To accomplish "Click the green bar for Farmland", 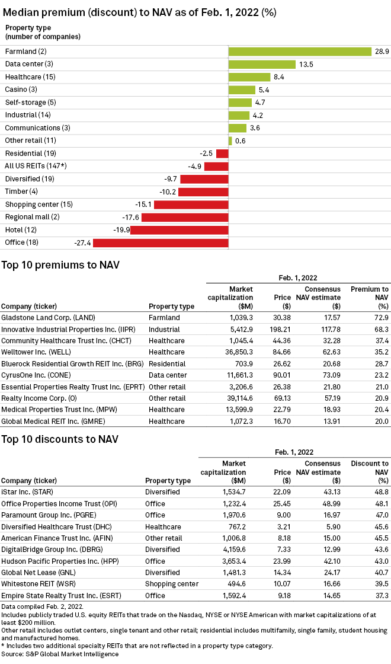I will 300,52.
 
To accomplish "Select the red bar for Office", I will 161,242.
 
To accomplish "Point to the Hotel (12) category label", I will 21,229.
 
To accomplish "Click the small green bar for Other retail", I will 230,141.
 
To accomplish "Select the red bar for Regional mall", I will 185,217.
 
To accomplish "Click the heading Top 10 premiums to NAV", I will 60,265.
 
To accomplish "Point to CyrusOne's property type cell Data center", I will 168,375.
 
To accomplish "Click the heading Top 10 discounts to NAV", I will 60,439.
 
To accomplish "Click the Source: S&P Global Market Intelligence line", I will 60,654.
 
